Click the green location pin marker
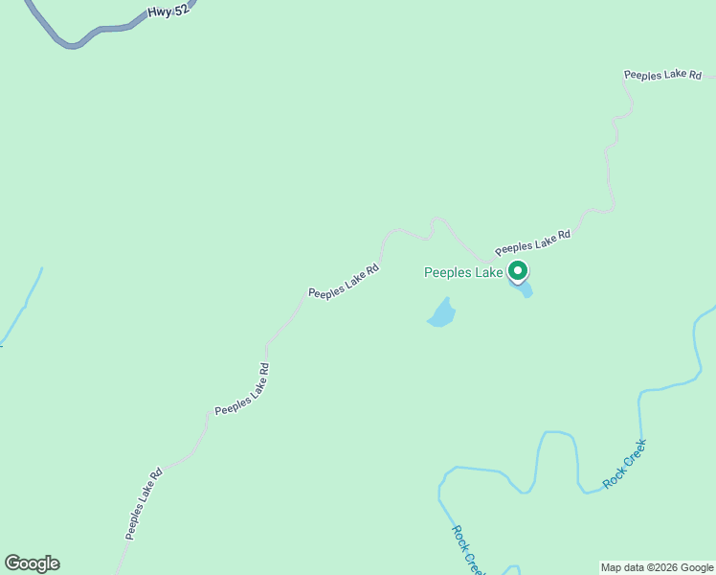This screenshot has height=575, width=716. (518, 271)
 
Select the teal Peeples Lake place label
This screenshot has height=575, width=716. (463, 273)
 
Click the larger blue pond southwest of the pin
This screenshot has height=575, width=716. (441, 312)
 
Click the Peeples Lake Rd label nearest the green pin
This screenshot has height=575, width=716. (532, 242)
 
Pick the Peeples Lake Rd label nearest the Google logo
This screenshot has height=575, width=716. (143, 503)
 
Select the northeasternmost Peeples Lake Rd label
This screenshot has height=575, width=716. (662, 75)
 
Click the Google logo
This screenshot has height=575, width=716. (32, 563)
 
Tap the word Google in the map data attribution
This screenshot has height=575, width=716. (697, 567)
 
